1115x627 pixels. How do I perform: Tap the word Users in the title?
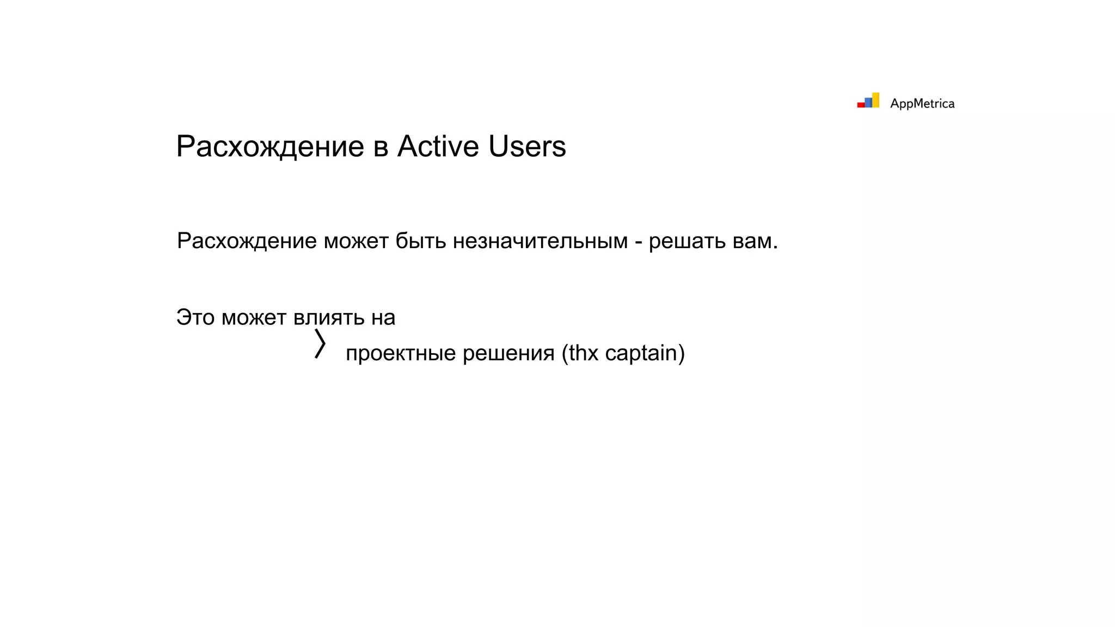[x=527, y=146]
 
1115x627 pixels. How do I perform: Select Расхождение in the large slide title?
[x=270, y=146]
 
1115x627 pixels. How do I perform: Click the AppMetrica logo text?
[x=922, y=103]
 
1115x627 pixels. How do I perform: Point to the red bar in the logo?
[x=861, y=104]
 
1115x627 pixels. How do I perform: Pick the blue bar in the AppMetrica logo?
[x=868, y=102]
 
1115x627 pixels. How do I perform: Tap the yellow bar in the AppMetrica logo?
[x=875, y=100]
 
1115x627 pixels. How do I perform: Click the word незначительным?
[x=540, y=241]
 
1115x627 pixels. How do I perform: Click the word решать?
[x=687, y=241]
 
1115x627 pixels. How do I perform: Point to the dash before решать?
[x=638, y=242]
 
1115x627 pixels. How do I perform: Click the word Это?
[x=195, y=317]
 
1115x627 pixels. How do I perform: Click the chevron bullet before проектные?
[x=320, y=343]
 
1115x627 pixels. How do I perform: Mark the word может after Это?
[x=254, y=317]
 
